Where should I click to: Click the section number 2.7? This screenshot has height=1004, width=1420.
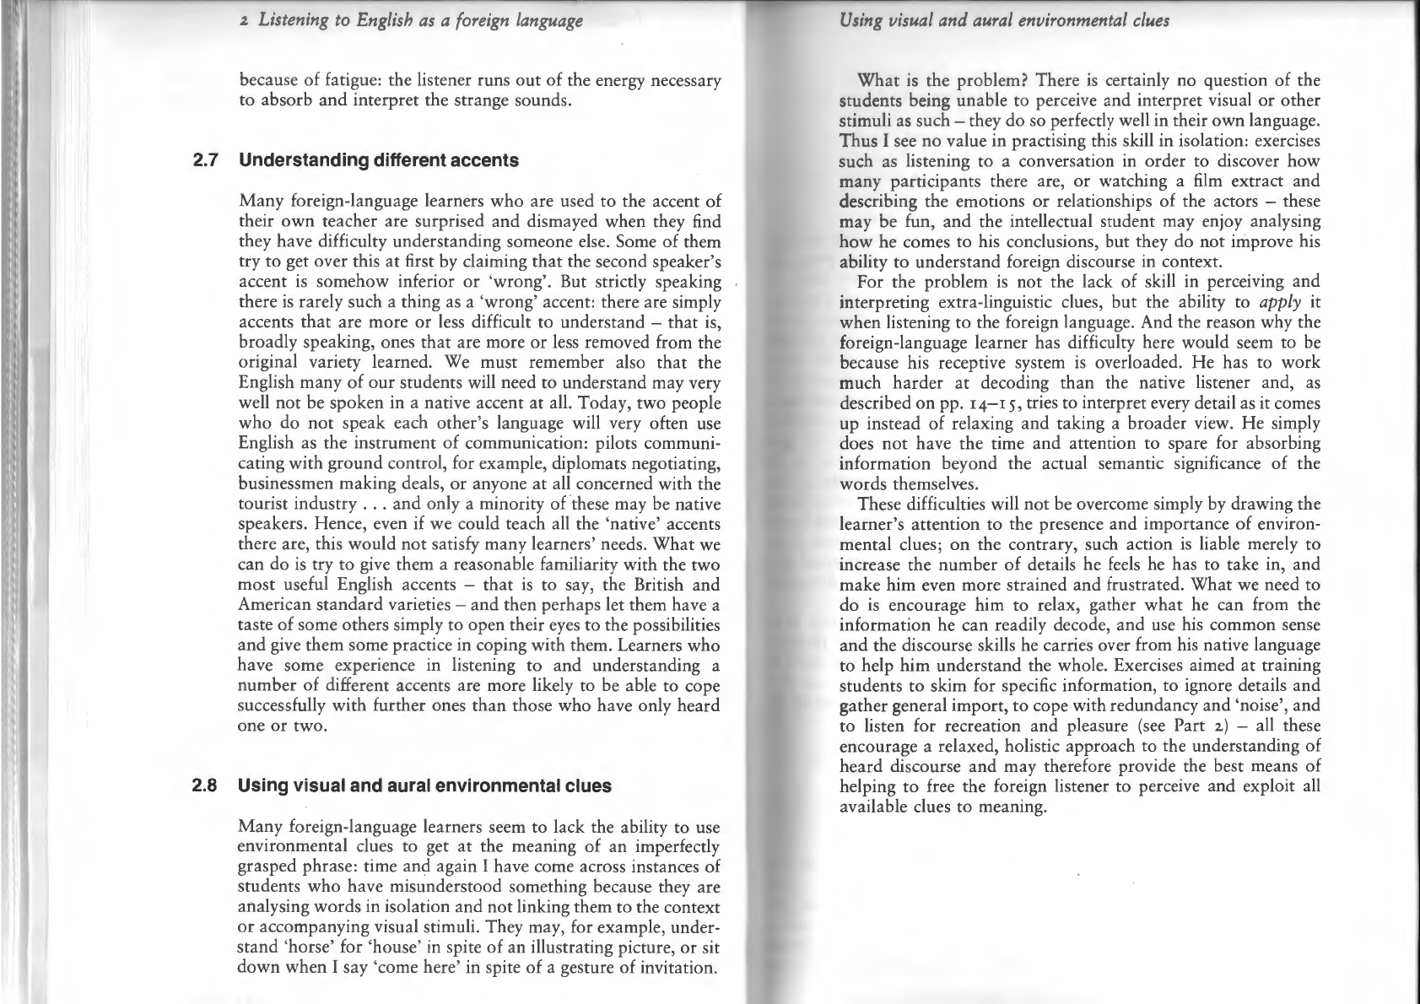pos(206,160)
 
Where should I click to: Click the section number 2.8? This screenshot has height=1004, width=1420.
pos(206,786)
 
